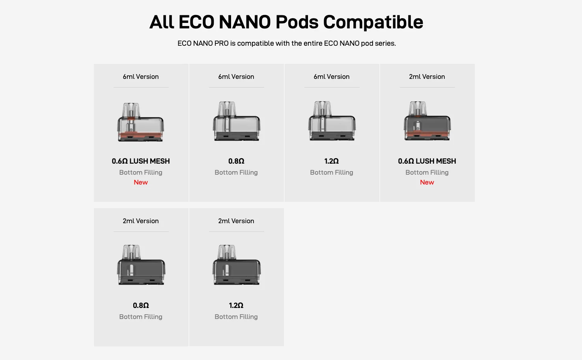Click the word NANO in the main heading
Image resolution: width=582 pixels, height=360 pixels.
(x=245, y=22)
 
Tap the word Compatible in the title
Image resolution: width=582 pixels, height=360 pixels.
(x=373, y=22)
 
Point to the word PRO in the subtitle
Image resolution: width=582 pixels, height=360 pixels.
(x=221, y=43)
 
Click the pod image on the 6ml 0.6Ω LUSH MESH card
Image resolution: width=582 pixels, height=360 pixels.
(x=140, y=122)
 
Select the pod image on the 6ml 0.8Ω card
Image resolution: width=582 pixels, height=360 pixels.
(x=236, y=121)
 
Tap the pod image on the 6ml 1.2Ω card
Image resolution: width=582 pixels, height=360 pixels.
(x=332, y=121)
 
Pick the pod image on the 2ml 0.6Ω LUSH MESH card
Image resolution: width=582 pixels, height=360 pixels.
(x=427, y=121)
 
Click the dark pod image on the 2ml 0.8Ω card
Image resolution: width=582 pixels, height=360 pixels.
(x=141, y=265)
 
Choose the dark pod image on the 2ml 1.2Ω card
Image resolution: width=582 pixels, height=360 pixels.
(x=237, y=265)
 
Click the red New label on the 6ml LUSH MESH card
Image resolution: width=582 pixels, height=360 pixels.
(x=141, y=182)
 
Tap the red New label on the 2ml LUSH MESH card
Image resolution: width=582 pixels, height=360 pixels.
(x=427, y=182)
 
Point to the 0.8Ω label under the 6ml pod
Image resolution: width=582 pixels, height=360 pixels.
(x=236, y=161)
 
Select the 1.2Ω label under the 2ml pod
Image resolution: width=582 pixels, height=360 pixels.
(x=236, y=306)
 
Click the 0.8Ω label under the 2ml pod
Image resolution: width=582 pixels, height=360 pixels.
(x=141, y=306)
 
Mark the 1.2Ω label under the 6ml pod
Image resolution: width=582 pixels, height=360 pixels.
(x=332, y=161)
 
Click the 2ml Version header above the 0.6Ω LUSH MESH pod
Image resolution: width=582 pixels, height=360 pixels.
(x=427, y=76)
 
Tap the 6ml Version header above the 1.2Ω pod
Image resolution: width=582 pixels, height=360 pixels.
(x=332, y=76)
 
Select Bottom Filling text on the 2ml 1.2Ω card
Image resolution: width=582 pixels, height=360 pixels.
(x=236, y=317)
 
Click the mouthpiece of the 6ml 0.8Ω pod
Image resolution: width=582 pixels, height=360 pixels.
(x=227, y=108)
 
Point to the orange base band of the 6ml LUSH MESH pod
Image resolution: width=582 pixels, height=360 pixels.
(x=140, y=136)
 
